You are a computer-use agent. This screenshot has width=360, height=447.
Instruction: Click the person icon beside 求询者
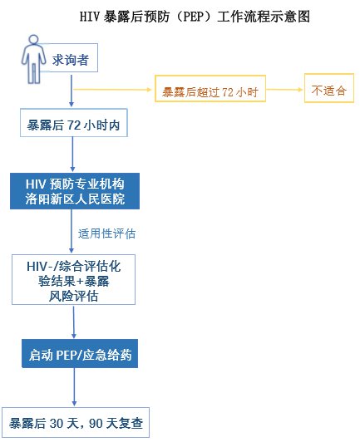pyautogui.click(x=33, y=59)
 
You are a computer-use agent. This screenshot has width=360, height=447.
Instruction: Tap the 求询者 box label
pyautogui.click(x=70, y=60)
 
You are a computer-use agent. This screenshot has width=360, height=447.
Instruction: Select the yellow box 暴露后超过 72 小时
pyautogui.click(x=210, y=88)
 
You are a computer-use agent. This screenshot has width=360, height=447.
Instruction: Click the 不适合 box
pyautogui.click(x=329, y=88)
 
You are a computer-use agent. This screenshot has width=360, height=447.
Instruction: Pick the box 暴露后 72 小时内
pyautogui.click(x=74, y=123)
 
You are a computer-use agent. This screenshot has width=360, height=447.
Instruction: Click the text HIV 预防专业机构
pyautogui.click(x=75, y=184)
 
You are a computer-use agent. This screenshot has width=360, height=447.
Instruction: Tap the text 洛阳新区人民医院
pyautogui.click(x=75, y=199)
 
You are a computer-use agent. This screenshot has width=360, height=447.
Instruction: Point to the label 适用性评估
pyautogui.click(x=106, y=233)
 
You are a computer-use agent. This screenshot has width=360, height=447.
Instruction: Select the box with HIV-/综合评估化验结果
pyautogui.click(x=74, y=280)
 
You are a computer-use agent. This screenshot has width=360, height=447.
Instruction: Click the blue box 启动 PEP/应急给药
pyautogui.click(x=80, y=353)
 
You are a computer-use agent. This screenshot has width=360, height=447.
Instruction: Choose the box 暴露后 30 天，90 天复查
pyautogui.click(x=76, y=422)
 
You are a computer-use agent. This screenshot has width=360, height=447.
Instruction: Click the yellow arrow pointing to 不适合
pyautogui.click(x=284, y=90)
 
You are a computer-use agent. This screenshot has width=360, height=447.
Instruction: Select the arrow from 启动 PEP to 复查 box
pyautogui.click(x=74, y=387)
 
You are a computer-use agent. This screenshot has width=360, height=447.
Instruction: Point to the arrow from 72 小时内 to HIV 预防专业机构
pyautogui.click(x=72, y=154)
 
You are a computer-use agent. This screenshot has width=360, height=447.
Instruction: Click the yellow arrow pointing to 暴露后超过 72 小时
pyautogui.click(x=112, y=90)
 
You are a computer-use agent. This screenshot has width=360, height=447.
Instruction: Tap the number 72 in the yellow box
pyautogui.click(x=228, y=91)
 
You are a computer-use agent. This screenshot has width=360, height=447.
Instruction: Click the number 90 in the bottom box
pyautogui.click(x=96, y=424)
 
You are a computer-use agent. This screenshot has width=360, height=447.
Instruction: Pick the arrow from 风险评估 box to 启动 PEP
pyautogui.click(x=74, y=322)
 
